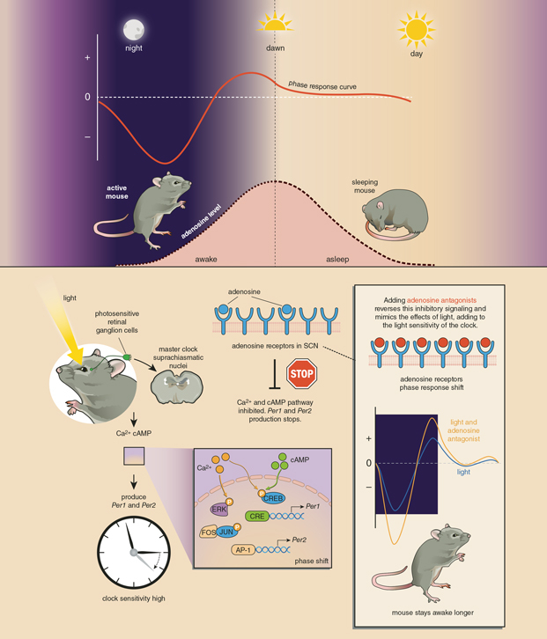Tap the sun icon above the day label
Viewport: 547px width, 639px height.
(416, 29)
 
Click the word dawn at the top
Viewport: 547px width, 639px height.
(276, 48)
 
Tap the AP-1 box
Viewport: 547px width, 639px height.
(244, 549)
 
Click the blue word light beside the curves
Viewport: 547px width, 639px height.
(463, 472)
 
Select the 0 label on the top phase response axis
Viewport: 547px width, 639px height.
(87, 97)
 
